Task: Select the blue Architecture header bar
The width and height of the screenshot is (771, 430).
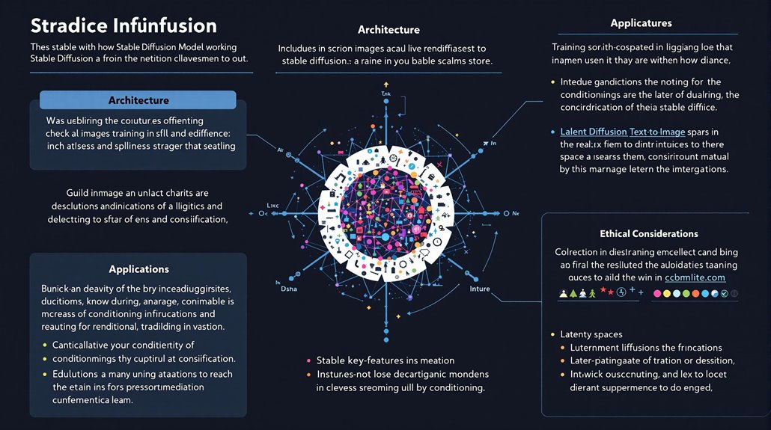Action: pos(138,99)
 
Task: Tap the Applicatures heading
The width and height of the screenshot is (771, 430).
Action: pos(641,23)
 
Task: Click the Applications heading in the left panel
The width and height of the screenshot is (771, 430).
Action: pos(138,268)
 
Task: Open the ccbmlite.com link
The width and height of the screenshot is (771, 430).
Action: pos(696,278)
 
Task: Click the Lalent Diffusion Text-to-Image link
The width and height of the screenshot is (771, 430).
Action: pos(628,131)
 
